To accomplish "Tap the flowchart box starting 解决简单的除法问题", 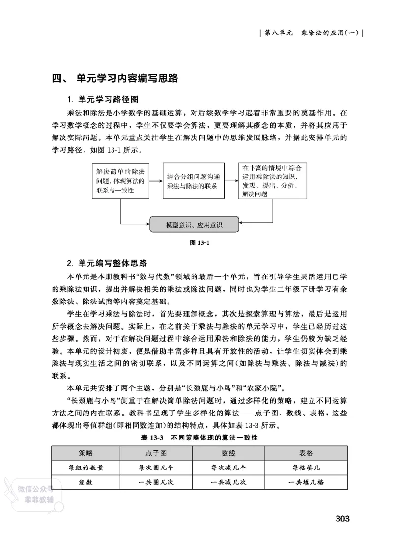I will tap(120, 181).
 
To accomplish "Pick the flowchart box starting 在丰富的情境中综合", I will tap(273, 181).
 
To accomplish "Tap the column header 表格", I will tap(306, 453).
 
